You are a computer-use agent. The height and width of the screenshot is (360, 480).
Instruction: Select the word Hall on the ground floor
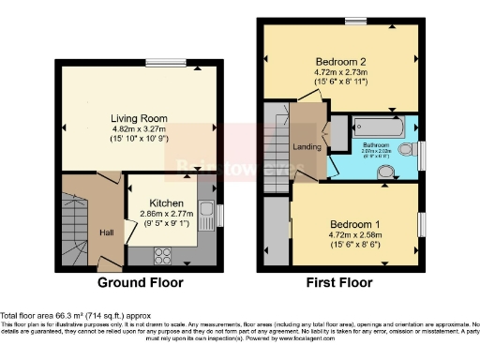click(106, 232)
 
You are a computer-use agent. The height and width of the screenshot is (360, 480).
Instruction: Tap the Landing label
click(304, 146)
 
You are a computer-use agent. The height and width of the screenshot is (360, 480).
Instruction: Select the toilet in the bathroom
click(406, 149)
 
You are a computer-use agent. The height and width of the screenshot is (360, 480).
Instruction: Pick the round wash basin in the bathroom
click(384, 172)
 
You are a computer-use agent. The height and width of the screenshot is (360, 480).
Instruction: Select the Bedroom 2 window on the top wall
click(354, 21)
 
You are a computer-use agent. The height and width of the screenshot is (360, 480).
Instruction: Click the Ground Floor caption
click(141, 282)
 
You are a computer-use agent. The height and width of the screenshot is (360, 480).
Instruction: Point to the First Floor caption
click(340, 282)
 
